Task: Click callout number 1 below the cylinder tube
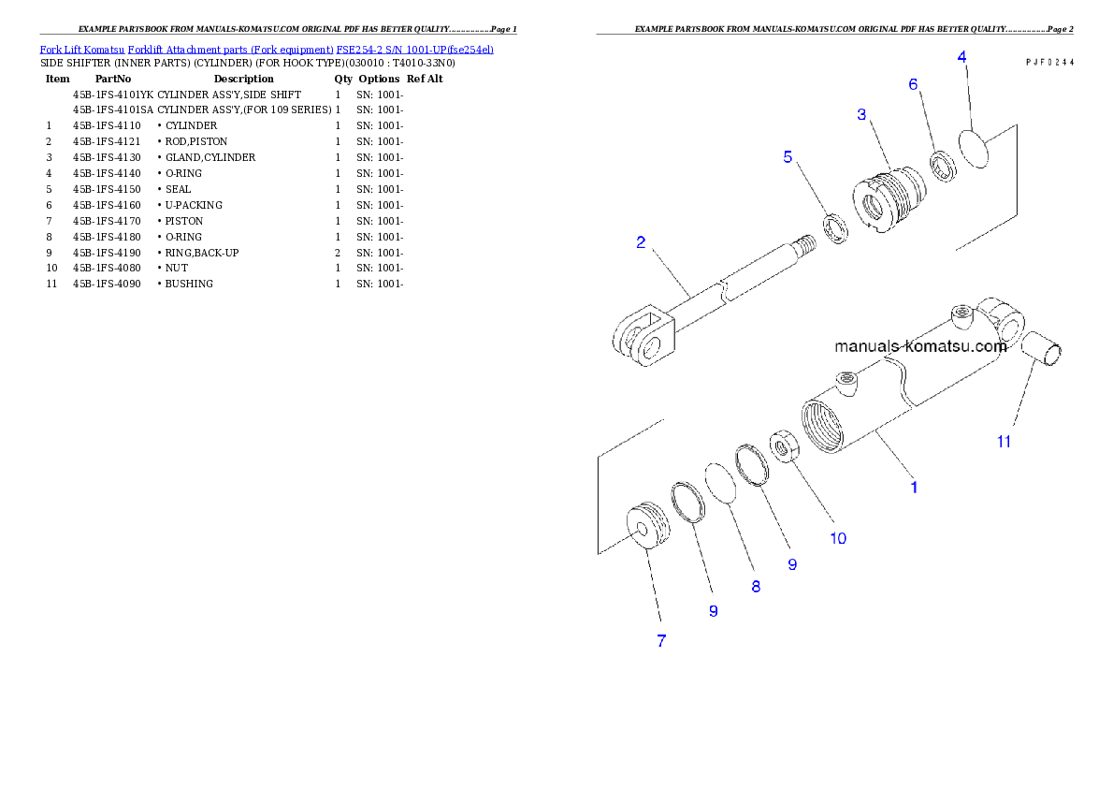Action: tap(914, 487)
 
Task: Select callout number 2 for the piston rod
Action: tap(641, 242)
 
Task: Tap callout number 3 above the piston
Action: tap(861, 114)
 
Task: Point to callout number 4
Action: tap(961, 57)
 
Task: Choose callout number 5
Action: tap(788, 156)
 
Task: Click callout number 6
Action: tap(914, 84)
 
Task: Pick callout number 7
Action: tap(661, 641)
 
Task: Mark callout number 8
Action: tap(756, 587)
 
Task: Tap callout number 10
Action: tap(838, 538)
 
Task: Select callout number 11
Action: tap(1004, 442)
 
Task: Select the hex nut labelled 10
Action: tap(783, 445)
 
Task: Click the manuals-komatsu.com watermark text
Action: tap(920, 346)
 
